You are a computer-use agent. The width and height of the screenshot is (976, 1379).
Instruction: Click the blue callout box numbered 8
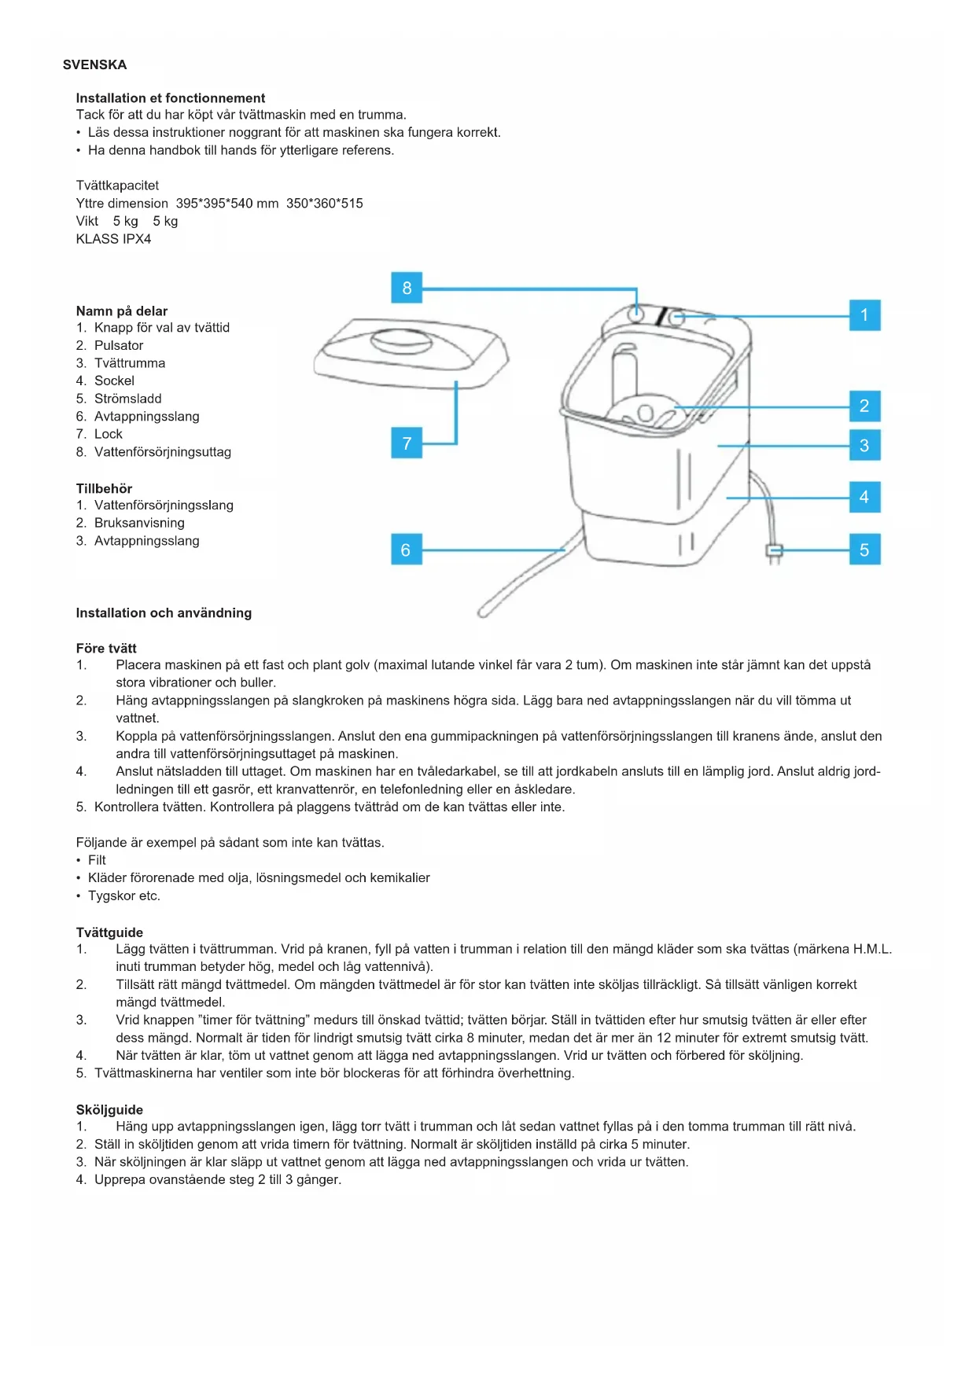[x=407, y=288]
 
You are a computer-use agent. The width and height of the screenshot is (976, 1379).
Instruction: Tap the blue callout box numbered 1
[x=864, y=315]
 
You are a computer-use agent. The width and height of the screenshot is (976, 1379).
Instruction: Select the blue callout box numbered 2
[x=864, y=406]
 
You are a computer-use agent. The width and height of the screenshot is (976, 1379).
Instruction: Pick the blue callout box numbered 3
[x=864, y=445]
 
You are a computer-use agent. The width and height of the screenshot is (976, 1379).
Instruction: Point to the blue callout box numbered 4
[x=864, y=497]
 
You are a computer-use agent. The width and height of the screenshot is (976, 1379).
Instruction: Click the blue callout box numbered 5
[x=864, y=550]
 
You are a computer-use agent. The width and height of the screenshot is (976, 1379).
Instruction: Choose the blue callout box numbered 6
[x=406, y=550]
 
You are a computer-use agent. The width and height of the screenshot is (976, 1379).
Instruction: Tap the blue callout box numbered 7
[x=407, y=443]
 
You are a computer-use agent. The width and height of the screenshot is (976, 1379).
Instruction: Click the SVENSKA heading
[x=94, y=64]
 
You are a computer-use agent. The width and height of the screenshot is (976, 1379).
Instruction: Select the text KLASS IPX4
[x=113, y=239]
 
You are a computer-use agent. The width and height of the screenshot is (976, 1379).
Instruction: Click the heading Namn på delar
[x=122, y=311]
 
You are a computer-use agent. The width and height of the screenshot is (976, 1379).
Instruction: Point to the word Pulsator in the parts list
[x=119, y=345]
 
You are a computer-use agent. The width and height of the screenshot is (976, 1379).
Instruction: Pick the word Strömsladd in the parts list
[x=128, y=399]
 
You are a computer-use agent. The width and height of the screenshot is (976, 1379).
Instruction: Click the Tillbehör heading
[x=104, y=488]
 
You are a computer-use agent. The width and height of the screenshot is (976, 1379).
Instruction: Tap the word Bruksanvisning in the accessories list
[x=139, y=523]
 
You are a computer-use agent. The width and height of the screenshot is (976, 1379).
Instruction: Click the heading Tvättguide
[x=109, y=932]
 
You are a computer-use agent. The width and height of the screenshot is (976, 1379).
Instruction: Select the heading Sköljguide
[x=109, y=1109]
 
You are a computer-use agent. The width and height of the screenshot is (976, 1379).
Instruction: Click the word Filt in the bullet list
[x=97, y=860]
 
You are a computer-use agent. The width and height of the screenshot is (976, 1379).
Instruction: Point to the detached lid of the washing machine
[x=411, y=352]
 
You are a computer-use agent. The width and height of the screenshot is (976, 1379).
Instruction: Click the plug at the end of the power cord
[x=774, y=551]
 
